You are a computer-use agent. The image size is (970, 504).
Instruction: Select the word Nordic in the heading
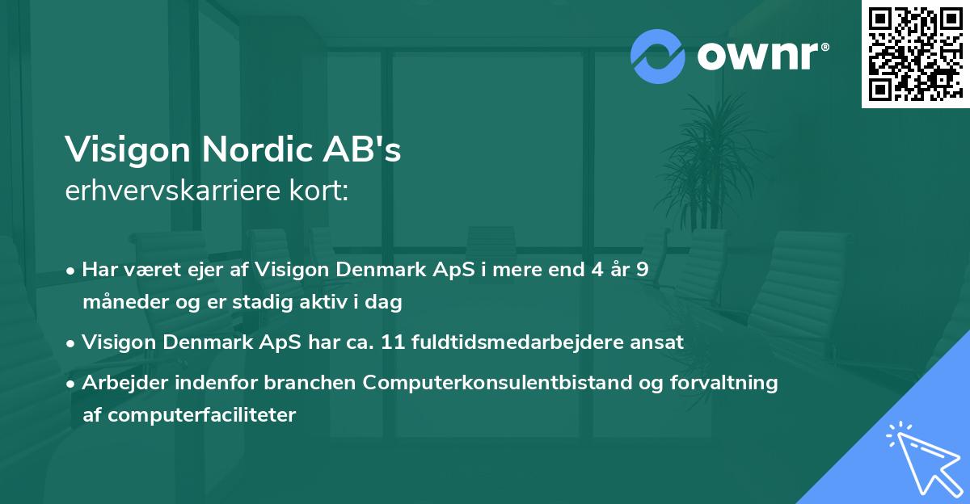[256, 149]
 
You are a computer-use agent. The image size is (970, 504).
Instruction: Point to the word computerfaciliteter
[189, 415]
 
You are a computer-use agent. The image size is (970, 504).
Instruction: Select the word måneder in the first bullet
[119, 303]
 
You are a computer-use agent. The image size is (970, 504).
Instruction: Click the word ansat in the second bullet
[661, 342]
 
